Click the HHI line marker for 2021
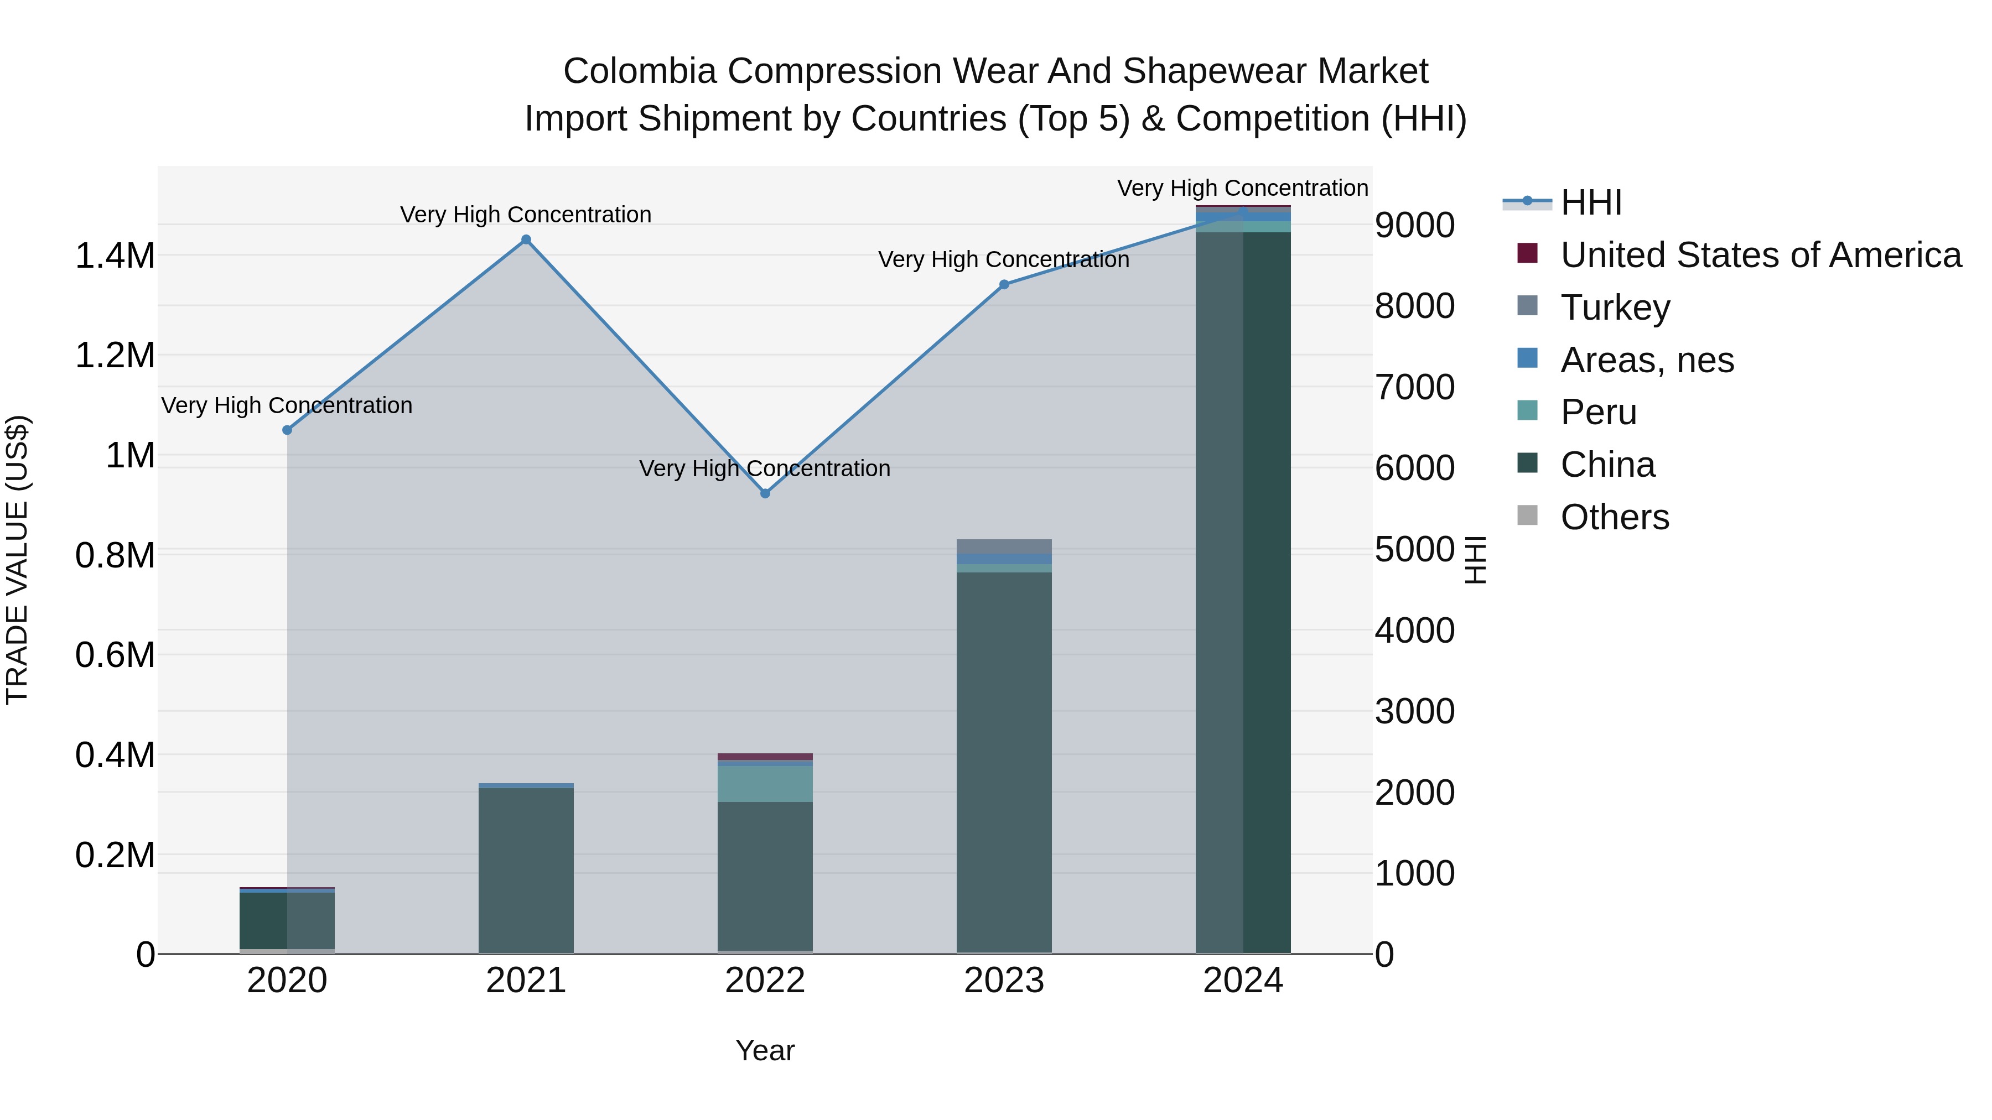coord(526,239)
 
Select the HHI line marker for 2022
coord(765,493)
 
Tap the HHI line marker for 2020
coord(287,430)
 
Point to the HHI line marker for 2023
coord(1004,284)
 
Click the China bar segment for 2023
coord(1004,762)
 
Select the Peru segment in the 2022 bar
coord(765,784)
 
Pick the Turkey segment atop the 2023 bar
coord(1004,546)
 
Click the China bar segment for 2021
coord(526,869)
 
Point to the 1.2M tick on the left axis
coord(115,356)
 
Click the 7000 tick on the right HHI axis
coord(1414,387)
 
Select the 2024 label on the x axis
coord(1243,981)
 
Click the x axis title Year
coord(765,1050)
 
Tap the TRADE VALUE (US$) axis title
coord(17,560)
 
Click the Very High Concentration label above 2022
coord(765,468)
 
